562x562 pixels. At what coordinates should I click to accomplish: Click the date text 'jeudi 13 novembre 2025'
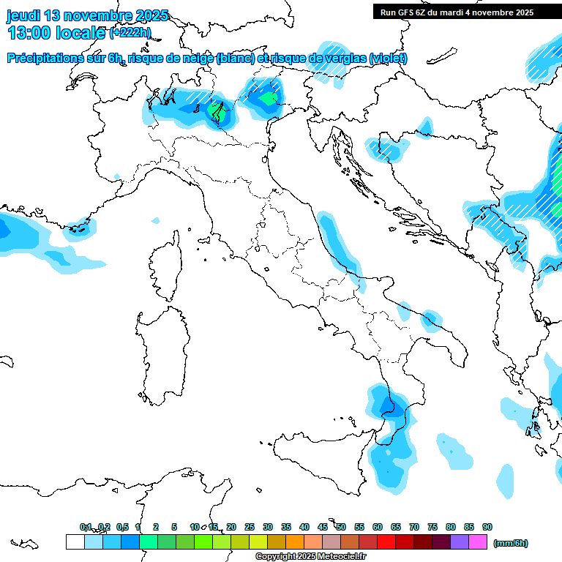88,15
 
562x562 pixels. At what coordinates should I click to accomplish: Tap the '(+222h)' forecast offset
130,33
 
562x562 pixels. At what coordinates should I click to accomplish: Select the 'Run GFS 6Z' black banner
467,12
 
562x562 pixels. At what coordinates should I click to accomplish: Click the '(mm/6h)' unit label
510,543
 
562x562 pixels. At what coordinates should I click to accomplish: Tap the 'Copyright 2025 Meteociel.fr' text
310,556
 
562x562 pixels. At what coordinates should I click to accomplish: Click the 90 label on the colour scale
487,527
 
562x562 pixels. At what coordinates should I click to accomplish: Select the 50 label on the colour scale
341,527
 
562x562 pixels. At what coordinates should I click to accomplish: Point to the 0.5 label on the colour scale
121,527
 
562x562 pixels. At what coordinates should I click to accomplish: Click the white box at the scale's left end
75,542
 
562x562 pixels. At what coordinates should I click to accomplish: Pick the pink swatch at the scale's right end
478,542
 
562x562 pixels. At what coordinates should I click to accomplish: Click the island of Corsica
165,267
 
